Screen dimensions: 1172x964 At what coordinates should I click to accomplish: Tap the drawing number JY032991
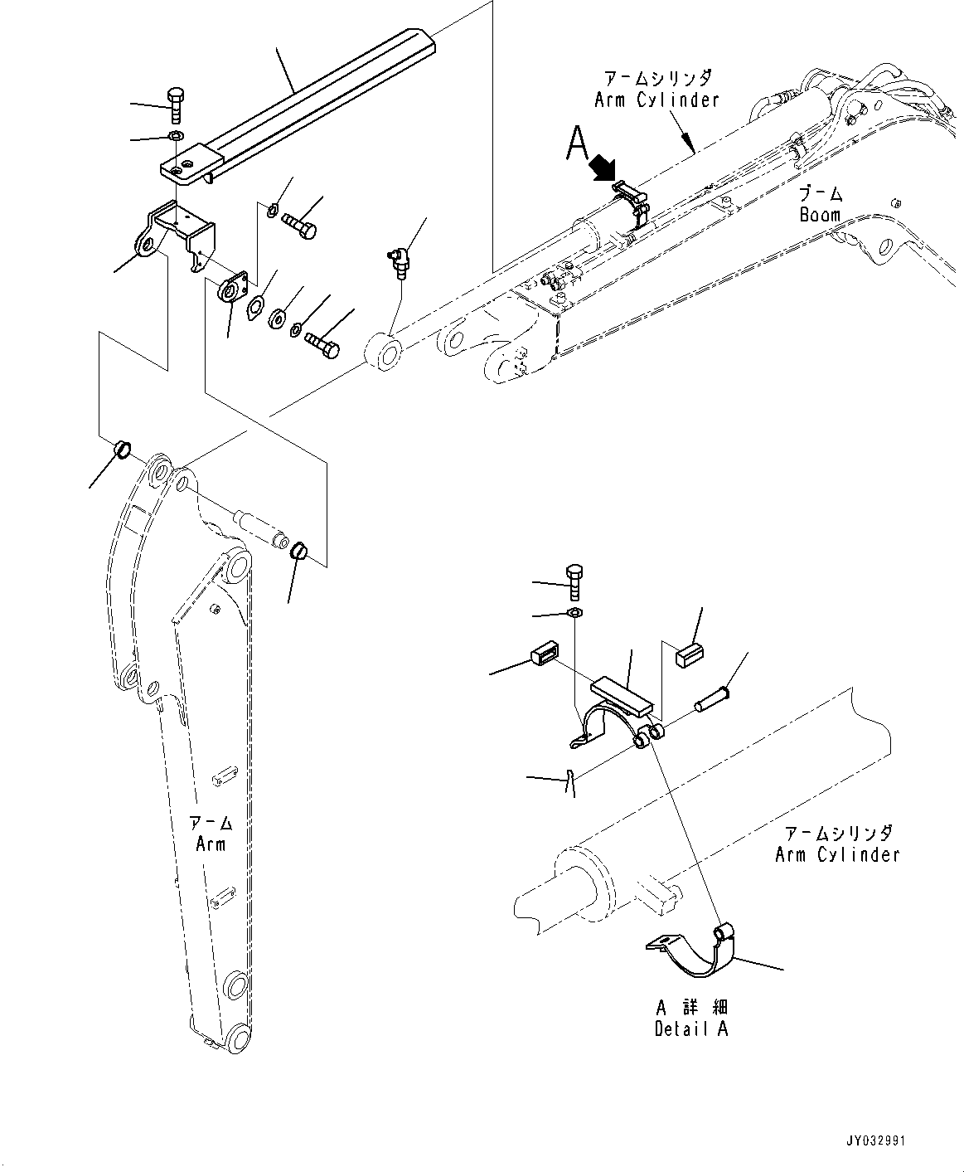tap(877, 1141)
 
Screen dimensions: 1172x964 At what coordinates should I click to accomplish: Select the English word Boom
tap(820, 215)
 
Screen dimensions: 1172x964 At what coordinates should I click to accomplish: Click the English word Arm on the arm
tap(211, 844)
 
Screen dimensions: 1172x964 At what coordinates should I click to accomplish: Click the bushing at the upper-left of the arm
tap(122, 451)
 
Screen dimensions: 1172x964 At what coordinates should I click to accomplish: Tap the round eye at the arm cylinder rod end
tap(382, 349)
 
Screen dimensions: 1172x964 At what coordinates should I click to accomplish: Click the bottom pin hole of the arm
tap(238, 1038)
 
